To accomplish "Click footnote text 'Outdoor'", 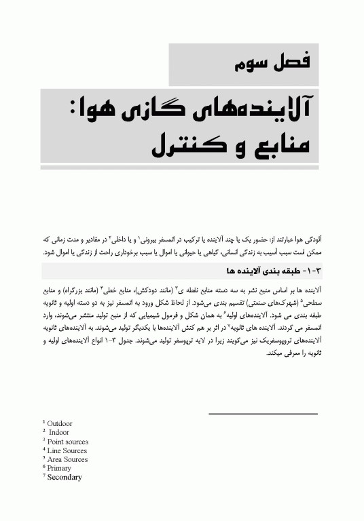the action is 59,424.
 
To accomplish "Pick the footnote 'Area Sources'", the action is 67,459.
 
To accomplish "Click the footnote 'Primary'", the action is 59,468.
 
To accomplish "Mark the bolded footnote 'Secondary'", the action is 64,477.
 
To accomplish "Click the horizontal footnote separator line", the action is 262,414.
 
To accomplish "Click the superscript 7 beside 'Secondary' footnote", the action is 43,476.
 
